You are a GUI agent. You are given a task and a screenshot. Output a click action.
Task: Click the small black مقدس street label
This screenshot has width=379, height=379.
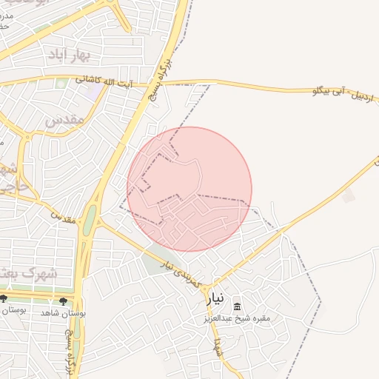(x=64, y=218)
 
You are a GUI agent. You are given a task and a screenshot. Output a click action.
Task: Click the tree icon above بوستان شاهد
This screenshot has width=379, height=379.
(x=63, y=301)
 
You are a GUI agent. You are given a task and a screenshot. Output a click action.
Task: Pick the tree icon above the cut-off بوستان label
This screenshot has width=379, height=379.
(x=4, y=299)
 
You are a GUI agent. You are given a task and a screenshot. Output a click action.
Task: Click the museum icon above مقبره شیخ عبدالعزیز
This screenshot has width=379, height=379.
(x=238, y=306)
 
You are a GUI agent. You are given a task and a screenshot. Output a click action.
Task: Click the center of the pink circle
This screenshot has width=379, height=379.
(x=189, y=189)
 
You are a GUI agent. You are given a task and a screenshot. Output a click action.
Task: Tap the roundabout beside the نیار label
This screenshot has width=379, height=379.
(x=209, y=286)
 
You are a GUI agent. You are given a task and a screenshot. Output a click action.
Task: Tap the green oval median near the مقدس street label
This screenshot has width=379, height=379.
(x=90, y=221)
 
